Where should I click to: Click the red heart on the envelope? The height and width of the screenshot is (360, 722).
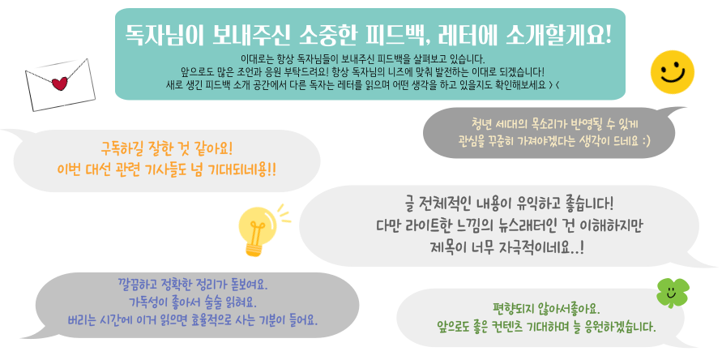click(x=60, y=84)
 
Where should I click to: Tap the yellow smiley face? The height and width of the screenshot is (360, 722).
click(x=673, y=72)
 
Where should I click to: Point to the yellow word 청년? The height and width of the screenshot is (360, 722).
click(x=481, y=123)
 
